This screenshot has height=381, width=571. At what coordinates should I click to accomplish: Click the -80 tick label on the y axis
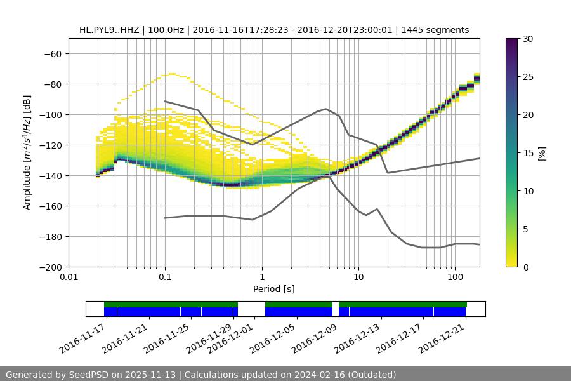51,84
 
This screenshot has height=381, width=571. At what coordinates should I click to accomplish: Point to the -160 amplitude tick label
49,206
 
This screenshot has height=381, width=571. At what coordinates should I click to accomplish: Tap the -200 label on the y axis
49,267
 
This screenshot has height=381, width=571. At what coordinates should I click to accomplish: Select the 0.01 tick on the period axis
69,277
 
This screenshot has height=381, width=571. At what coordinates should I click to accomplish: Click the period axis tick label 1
261,277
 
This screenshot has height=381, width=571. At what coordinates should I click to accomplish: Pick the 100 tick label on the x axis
455,277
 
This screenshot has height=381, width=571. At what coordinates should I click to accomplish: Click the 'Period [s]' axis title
274,290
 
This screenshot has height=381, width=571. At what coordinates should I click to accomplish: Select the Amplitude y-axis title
27,152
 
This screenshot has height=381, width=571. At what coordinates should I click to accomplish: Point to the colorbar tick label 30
528,39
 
